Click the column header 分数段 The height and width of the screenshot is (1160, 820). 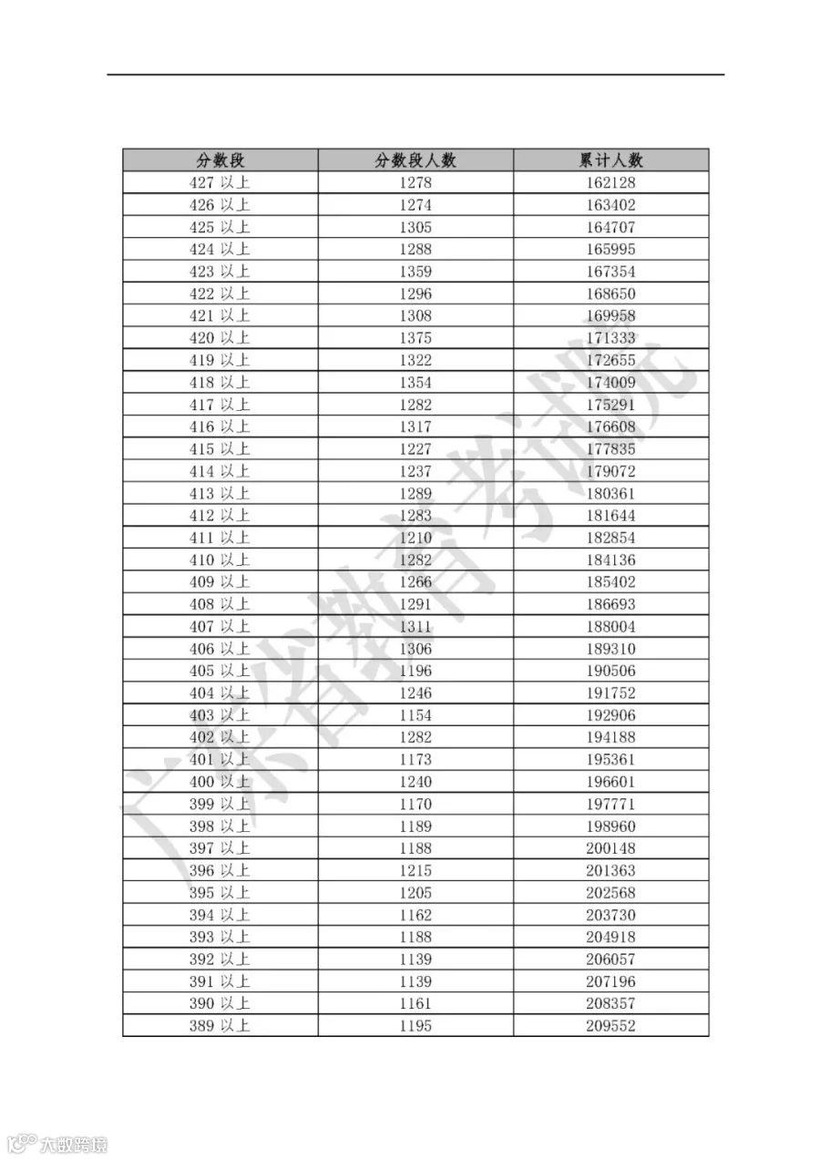[x=220, y=160]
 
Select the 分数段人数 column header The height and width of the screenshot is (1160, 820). [x=415, y=160]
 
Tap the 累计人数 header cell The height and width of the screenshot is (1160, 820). [x=610, y=160]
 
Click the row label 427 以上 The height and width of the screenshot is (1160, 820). [x=219, y=182]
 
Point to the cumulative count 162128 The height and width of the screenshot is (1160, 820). [x=610, y=182]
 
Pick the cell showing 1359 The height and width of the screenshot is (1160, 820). [x=415, y=272]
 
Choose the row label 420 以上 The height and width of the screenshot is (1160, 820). [x=219, y=338]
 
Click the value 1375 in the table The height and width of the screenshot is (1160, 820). [x=415, y=338]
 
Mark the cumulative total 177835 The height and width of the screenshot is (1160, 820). [x=610, y=449]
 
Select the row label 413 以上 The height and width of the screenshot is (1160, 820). [x=219, y=493]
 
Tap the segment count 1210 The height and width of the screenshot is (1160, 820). [x=415, y=538]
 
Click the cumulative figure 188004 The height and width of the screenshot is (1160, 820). [x=610, y=626]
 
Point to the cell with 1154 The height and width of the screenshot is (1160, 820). [x=415, y=715]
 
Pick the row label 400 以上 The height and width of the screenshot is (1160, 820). [x=219, y=782]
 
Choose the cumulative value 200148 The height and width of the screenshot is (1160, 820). [x=610, y=848]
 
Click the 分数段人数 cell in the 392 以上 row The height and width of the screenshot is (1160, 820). [x=415, y=960]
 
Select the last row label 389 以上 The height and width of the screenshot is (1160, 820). [x=219, y=1026]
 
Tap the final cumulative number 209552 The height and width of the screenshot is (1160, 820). [x=610, y=1026]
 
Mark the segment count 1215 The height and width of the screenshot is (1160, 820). [x=415, y=870]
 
